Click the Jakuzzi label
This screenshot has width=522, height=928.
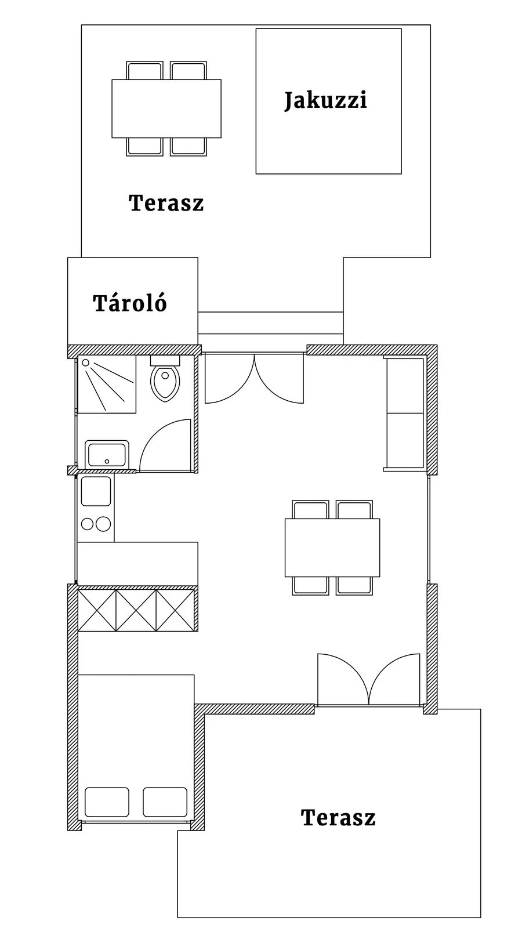(325, 100)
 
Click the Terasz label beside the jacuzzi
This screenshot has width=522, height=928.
(166, 203)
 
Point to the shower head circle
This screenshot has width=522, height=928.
(85, 362)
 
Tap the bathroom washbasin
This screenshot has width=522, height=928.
(107, 454)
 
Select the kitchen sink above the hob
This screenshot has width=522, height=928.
(96, 491)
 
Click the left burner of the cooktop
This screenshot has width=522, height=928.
(87, 524)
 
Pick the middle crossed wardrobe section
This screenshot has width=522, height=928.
(136, 610)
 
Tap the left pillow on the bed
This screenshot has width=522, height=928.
(107, 802)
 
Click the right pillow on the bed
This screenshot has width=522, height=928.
(165, 802)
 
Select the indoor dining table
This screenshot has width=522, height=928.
(332, 548)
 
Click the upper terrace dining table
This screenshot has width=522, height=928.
(166, 108)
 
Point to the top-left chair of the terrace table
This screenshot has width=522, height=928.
(144, 70)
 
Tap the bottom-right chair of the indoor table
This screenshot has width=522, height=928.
(354, 586)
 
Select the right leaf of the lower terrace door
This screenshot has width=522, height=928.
(394, 679)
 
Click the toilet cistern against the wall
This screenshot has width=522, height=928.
(165, 360)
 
